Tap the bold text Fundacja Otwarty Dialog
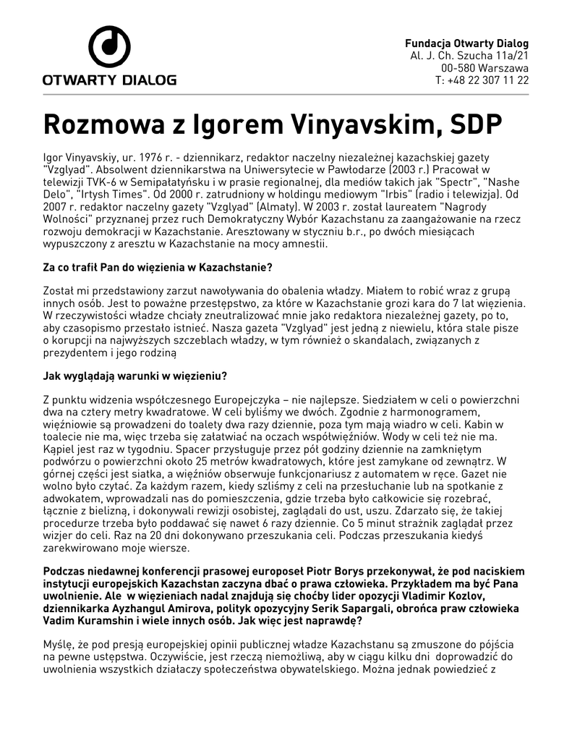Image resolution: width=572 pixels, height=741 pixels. click(x=466, y=43)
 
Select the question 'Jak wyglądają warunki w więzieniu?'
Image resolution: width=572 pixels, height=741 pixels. click(x=135, y=376)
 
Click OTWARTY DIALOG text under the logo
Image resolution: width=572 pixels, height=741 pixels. click(x=109, y=80)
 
